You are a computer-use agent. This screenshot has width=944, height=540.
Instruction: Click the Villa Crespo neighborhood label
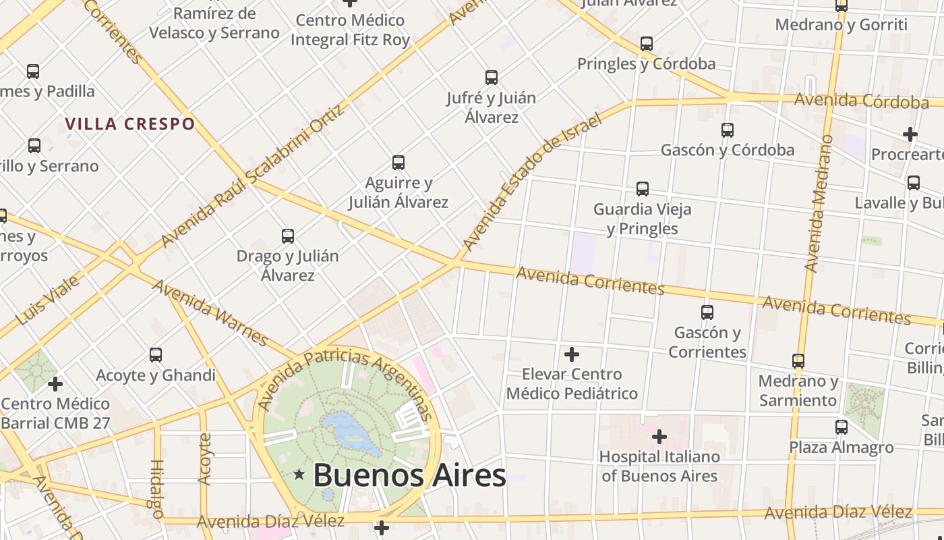[x=130, y=124]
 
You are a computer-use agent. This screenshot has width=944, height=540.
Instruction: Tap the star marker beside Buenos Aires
[x=299, y=475]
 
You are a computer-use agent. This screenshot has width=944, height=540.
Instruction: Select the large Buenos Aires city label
[x=409, y=475]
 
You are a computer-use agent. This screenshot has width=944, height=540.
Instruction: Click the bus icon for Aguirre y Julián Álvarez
[x=399, y=163]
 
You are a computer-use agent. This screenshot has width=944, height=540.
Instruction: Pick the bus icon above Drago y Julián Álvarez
[x=288, y=236]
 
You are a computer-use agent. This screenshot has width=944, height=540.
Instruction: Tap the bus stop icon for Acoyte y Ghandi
[x=156, y=355]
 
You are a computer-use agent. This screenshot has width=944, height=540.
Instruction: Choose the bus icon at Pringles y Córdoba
[x=647, y=44]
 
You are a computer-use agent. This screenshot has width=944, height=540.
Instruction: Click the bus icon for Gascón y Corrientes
[x=707, y=313]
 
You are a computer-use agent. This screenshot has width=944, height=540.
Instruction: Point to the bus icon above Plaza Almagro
[x=842, y=427]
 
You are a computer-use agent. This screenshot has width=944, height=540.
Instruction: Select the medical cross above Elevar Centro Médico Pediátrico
[x=572, y=354]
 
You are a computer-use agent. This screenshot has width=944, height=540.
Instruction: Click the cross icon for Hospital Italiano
[x=659, y=437]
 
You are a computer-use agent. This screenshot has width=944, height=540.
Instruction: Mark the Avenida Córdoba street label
[x=861, y=101]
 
